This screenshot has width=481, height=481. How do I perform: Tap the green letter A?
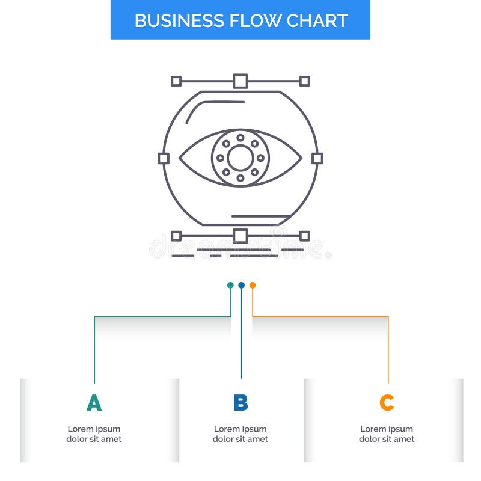[x=94, y=403]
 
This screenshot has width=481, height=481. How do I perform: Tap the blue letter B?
[x=240, y=403]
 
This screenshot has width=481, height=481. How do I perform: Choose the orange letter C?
[x=387, y=403]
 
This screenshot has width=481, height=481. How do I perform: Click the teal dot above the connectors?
[x=230, y=285]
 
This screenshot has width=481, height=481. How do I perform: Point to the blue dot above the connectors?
[x=241, y=285]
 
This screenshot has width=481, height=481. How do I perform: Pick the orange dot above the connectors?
[x=253, y=285]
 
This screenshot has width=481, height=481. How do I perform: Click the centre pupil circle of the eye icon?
[x=240, y=158]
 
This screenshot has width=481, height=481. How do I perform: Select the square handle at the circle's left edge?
[x=164, y=158]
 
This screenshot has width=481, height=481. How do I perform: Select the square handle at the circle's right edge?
[x=317, y=158]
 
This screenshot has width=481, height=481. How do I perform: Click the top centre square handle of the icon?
[x=240, y=81]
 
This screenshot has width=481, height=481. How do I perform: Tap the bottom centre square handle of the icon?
[x=240, y=236]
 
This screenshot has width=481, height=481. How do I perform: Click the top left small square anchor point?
[x=176, y=81]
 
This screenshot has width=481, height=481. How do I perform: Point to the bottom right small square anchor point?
[x=305, y=236]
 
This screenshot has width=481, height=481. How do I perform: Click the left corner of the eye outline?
[x=180, y=158]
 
